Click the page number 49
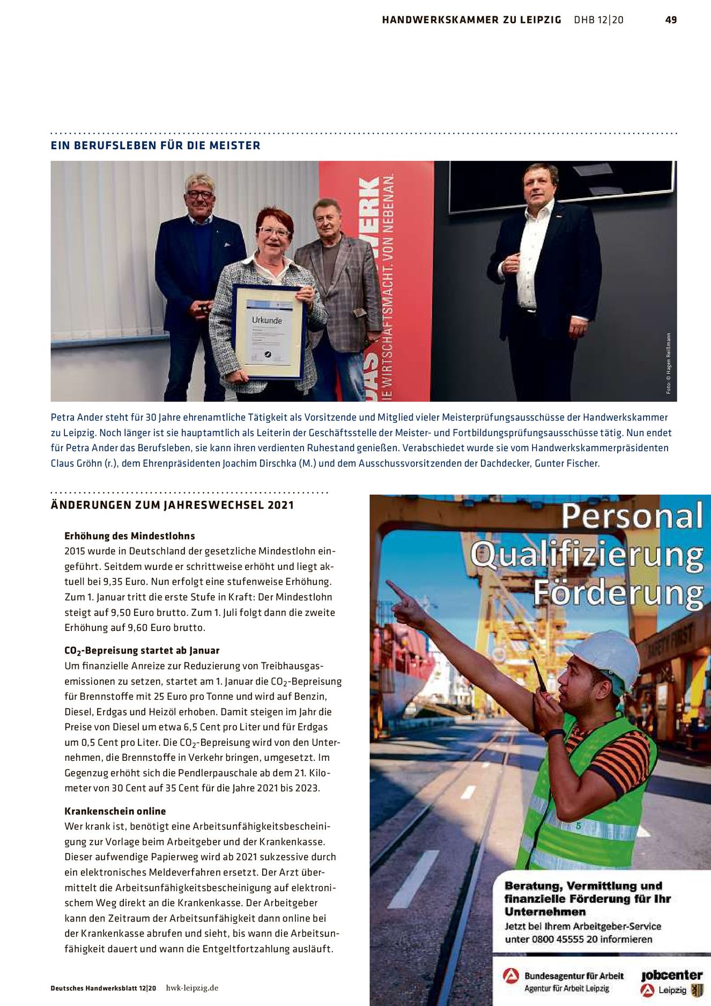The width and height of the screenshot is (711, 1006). coord(671,20)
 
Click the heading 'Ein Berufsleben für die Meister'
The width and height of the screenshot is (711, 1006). coord(155,145)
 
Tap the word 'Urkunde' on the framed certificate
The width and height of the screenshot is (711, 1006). coord(266,320)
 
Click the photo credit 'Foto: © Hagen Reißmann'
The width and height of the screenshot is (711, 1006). coord(669,363)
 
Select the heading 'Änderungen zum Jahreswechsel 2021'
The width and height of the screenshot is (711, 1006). coord(172,505)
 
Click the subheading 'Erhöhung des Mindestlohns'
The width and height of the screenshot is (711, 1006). coord(130,535)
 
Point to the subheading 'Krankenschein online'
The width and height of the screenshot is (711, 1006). coord(115,811)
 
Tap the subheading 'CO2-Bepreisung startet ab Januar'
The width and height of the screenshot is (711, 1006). coord(142,650)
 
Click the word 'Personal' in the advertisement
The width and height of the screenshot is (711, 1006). coord(632,516)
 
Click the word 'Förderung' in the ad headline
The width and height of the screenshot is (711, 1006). coord(618,593)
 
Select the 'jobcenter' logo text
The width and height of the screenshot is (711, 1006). coord(671,975)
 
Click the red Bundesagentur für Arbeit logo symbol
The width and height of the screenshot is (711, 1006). coord(511,976)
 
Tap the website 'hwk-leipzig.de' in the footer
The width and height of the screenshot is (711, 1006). coord(192,988)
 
